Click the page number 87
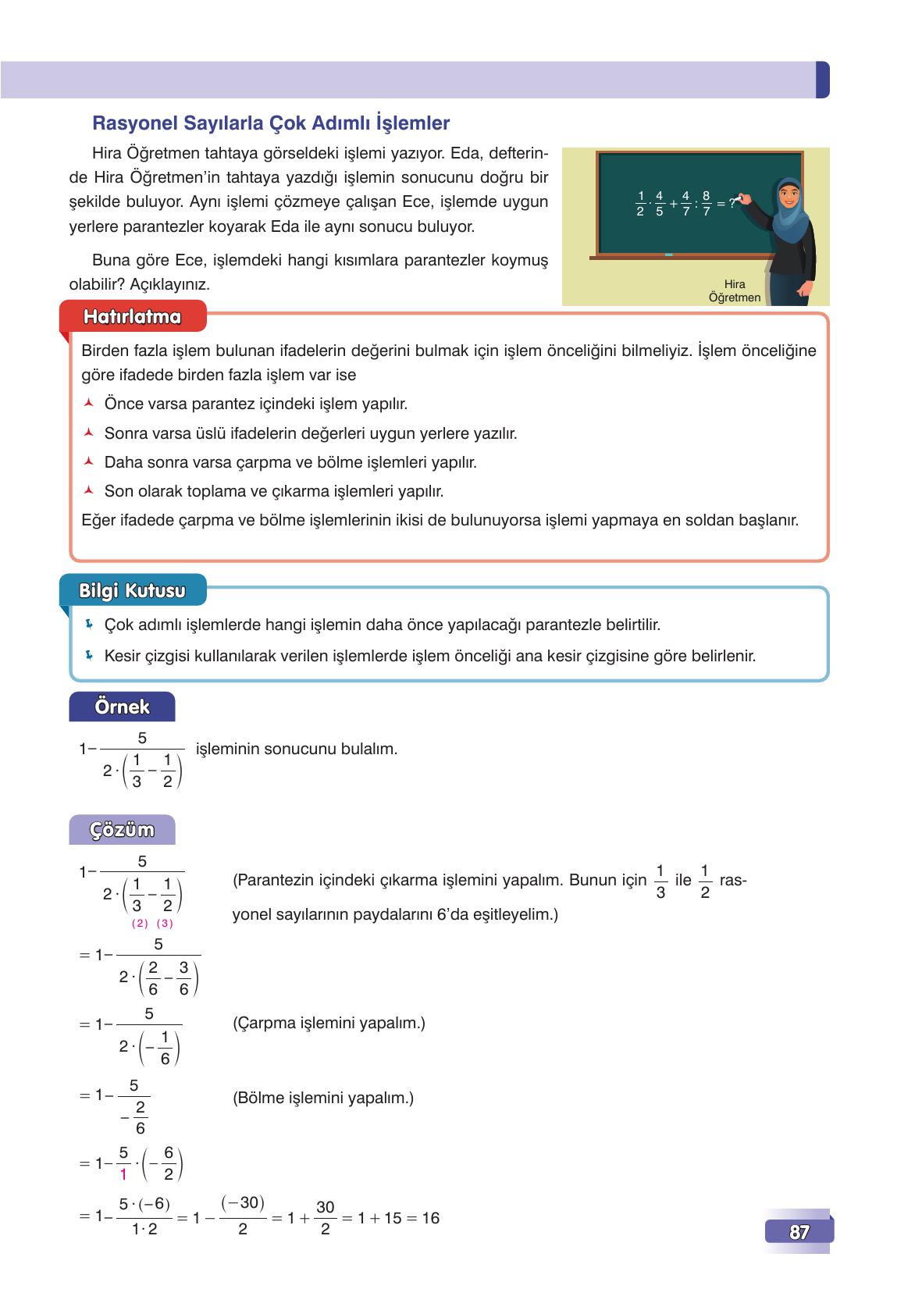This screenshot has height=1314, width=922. (799, 1233)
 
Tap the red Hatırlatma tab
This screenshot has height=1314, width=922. (132, 317)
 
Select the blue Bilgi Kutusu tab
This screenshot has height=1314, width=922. (132, 591)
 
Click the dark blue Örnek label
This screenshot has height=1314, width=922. (122, 707)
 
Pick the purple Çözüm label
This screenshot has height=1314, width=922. (122, 830)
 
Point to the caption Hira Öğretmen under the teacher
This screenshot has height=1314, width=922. (734, 290)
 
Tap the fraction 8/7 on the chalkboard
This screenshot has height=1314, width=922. (707, 203)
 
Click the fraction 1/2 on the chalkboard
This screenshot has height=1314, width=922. (640, 203)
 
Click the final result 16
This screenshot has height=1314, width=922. (430, 1218)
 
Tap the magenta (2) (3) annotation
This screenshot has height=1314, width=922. (152, 924)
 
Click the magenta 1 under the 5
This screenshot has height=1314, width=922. (123, 1173)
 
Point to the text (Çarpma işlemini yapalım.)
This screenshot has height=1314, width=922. (329, 1023)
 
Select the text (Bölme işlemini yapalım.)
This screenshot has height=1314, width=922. (323, 1098)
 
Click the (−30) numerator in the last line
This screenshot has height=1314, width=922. (243, 1202)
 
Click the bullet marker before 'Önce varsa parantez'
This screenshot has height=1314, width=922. (89, 404)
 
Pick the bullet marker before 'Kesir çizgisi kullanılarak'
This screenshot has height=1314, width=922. (89, 655)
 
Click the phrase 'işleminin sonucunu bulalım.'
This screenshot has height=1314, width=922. (296, 749)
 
